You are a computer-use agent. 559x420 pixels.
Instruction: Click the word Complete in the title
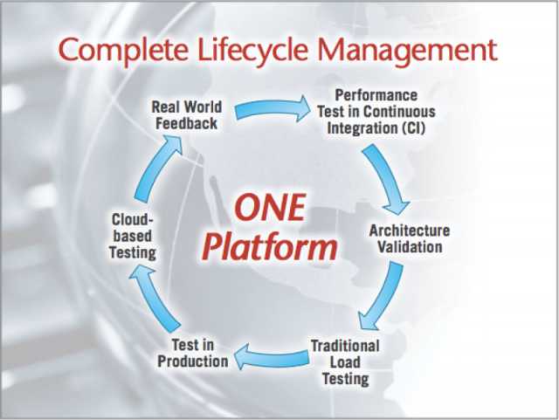[x=123, y=50]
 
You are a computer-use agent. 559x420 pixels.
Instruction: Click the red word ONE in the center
[x=271, y=207]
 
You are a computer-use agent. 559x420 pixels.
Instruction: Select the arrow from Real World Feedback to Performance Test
[x=273, y=108]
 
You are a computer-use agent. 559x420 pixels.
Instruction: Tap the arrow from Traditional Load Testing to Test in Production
[x=272, y=357]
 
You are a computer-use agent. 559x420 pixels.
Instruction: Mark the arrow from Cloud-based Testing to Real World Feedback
[x=155, y=168]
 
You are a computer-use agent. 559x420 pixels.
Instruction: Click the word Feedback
[x=186, y=124]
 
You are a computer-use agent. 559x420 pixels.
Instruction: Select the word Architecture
[x=410, y=231]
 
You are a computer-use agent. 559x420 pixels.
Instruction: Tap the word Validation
[x=410, y=247]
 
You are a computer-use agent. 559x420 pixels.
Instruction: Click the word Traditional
[x=345, y=346]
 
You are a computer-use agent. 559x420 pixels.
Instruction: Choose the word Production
[x=193, y=361]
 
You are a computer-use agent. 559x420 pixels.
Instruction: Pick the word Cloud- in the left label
[x=132, y=220]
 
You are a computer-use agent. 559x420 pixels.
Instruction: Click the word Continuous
[x=399, y=112]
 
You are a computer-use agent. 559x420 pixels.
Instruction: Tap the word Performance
[x=376, y=95]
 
